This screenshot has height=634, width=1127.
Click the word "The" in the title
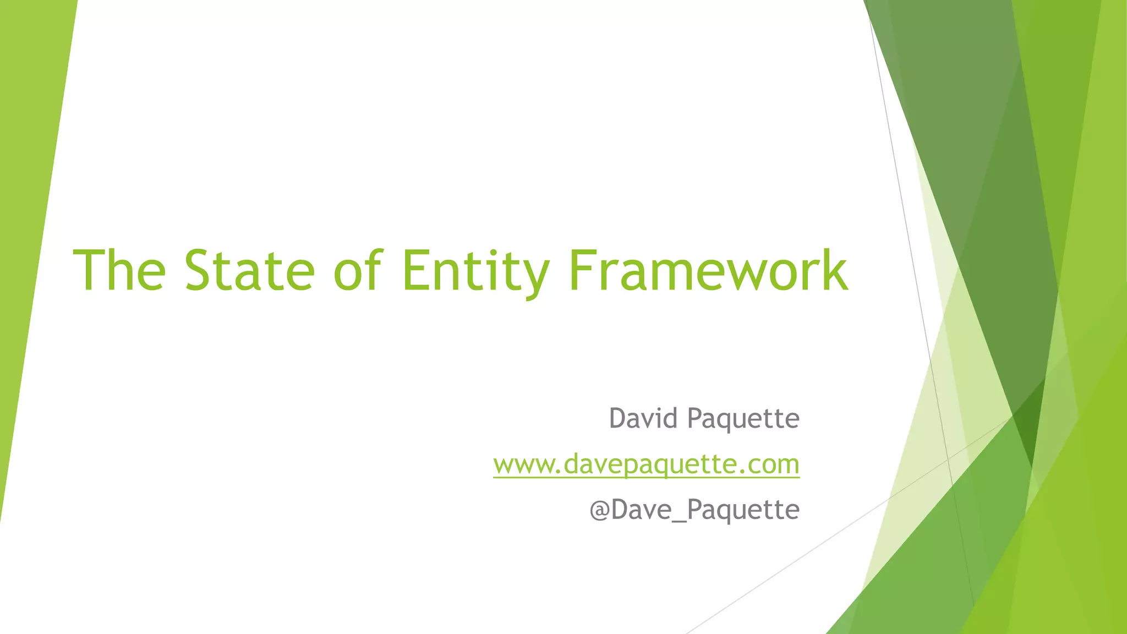tap(119, 270)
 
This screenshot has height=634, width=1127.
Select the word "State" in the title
tap(249, 270)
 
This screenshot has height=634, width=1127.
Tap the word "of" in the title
tap(357, 270)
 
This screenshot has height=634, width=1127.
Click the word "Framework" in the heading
tap(708, 270)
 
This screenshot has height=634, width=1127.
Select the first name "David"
tap(643, 418)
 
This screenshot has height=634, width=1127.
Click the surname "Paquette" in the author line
tap(743, 419)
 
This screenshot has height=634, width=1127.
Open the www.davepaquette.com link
tap(646, 464)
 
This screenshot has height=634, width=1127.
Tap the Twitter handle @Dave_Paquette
tap(694, 510)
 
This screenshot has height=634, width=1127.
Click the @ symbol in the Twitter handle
tap(599, 510)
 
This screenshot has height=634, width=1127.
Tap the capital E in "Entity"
tap(417, 270)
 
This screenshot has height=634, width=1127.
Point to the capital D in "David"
tap(619, 418)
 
